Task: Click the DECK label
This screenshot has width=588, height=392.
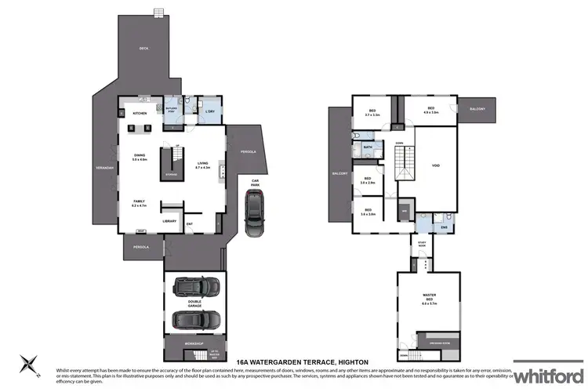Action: coord(143,49)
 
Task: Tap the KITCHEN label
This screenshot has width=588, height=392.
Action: coord(140,114)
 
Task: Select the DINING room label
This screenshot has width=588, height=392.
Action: coord(140,157)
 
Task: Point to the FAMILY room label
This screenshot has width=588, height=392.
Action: coord(139,202)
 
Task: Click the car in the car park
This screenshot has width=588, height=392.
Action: coord(254,213)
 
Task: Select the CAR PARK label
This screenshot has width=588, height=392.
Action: coord(255,183)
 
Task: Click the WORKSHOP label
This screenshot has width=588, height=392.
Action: coord(194,343)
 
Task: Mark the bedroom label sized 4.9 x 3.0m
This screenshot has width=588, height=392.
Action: coord(430,111)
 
